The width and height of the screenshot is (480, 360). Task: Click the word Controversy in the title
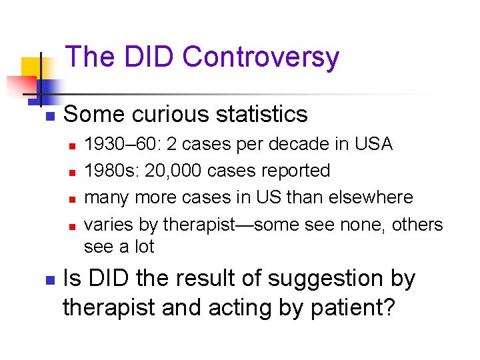coord(261,57)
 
